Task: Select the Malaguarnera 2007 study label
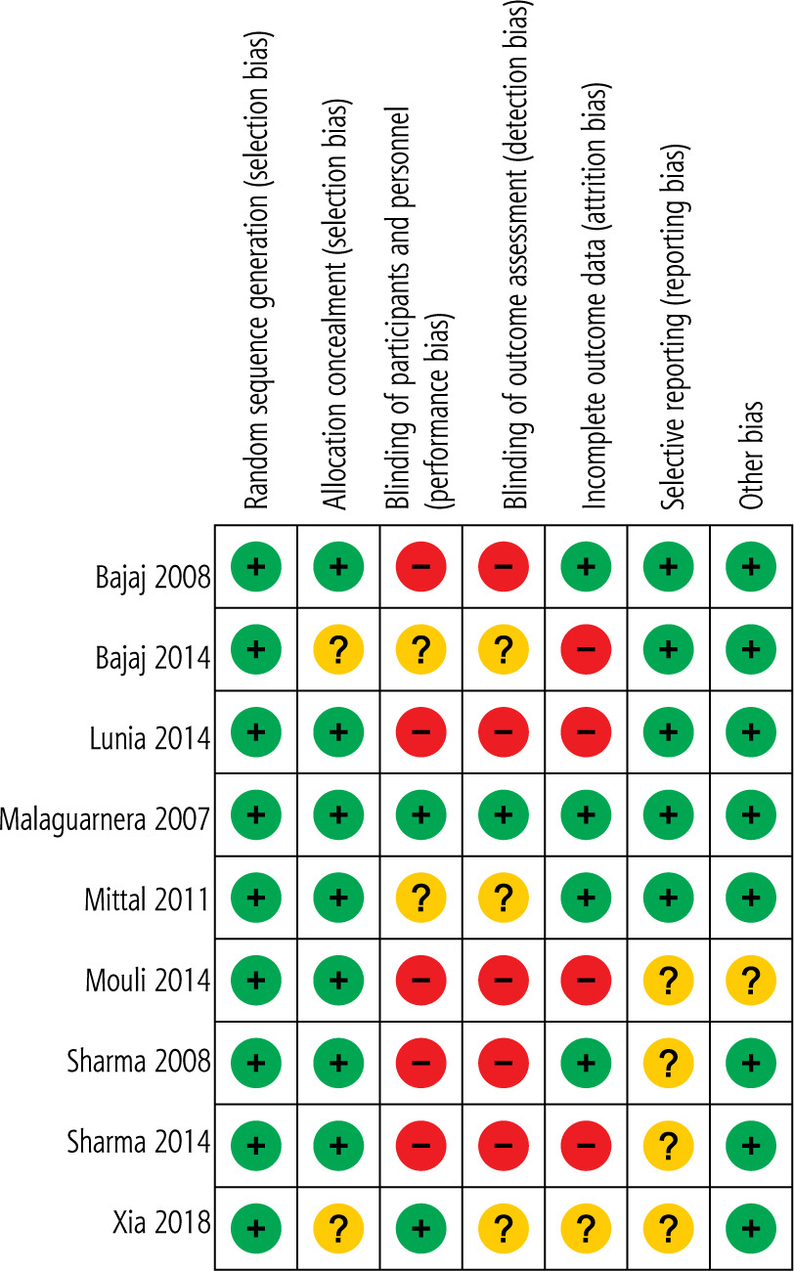[106, 819]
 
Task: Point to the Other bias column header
[751, 455]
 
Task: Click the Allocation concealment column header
[335, 303]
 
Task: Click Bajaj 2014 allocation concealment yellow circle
[338, 648]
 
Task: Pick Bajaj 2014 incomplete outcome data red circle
[586, 648]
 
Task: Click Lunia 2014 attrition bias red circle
[586, 731]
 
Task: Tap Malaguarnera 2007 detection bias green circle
[504, 814]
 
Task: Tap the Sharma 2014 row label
[139, 1141]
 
